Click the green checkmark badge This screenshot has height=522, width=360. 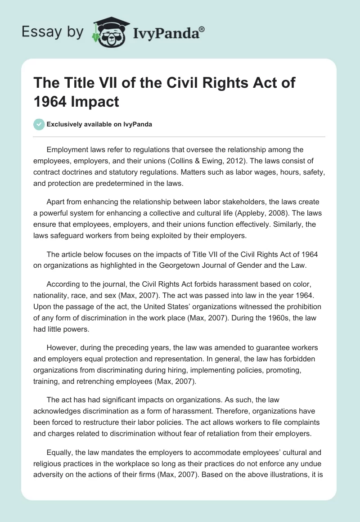coord(40,124)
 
